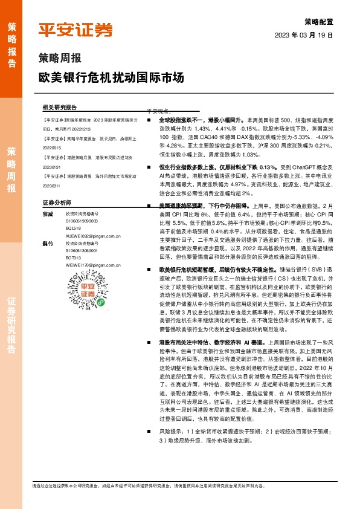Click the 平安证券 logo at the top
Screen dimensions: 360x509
pos(76,30)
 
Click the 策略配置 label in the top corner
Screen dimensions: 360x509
pos(320,20)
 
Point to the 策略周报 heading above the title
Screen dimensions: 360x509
pos(60,59)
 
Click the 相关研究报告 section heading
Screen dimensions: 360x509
pos(60,106)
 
